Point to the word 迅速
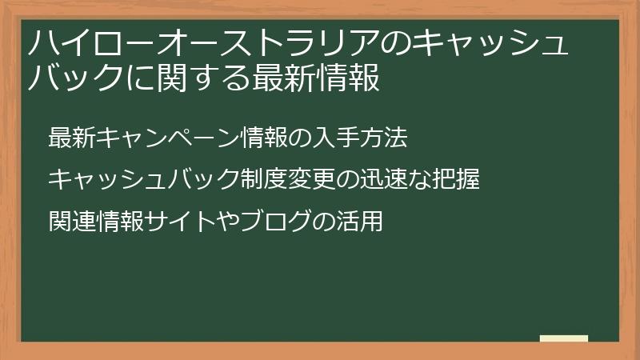(x=383, y=179)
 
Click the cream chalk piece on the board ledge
(x=564, y=338)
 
